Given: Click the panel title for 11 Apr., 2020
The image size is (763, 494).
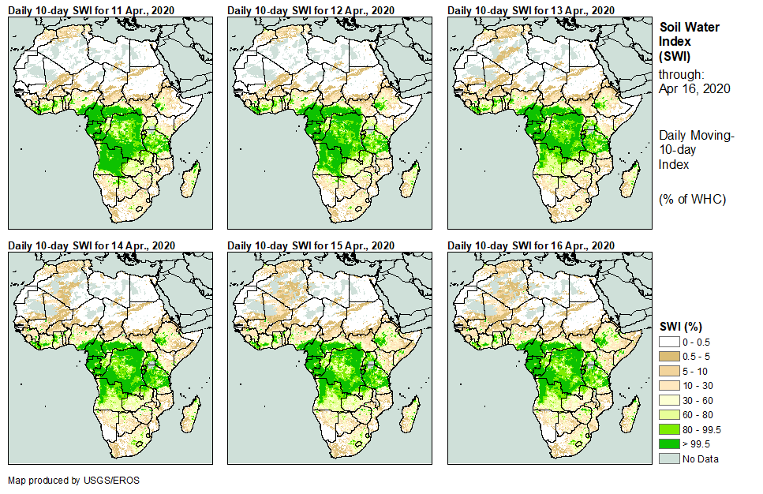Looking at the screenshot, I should [x=92, y=9].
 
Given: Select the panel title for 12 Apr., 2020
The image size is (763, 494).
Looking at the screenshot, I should [x=311, y=9].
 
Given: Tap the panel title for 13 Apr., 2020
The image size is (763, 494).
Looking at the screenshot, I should [x=530, y=9].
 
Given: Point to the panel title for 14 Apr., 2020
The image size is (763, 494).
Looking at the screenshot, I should [x=92, y=246].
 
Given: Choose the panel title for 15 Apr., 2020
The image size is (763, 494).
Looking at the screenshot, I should [x=311, y=246].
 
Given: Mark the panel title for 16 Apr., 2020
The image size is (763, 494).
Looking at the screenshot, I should [x=530, y=246].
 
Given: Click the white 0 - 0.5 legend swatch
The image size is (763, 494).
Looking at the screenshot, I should [x=668, y=341].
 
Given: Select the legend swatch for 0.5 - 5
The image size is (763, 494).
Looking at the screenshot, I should [x=668, y=355].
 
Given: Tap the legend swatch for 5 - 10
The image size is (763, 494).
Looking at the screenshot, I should [x=668, y=370].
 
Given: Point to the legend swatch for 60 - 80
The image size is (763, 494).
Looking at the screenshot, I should [x=668, y=414].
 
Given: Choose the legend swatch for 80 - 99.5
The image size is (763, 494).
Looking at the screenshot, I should [x=668, y=429].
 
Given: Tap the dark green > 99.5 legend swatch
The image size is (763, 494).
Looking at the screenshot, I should [x=668, y=444].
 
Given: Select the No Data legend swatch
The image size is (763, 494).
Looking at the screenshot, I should [x=668, y=459].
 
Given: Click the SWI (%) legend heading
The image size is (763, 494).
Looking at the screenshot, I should [x=681, y=327].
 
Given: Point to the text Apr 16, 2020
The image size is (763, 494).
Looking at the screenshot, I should [x=694, y=88].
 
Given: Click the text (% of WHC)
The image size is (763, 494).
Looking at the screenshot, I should [x=692, y=199].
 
